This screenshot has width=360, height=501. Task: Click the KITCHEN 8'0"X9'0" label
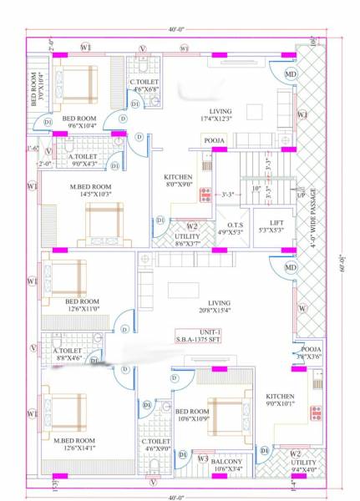tap(178, 181)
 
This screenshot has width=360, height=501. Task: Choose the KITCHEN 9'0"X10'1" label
tap(280, 401)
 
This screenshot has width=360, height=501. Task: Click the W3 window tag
tap(203, 458)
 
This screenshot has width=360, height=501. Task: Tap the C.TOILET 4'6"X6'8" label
tap(145, 84)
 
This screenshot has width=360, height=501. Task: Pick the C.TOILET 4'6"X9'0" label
tap(156, 444)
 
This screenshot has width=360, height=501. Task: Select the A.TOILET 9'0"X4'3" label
tap(81, 159)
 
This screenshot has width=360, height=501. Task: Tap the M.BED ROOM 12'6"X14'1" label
tap(74, 443)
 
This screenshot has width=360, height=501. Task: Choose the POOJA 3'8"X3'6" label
tap(312, 352)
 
